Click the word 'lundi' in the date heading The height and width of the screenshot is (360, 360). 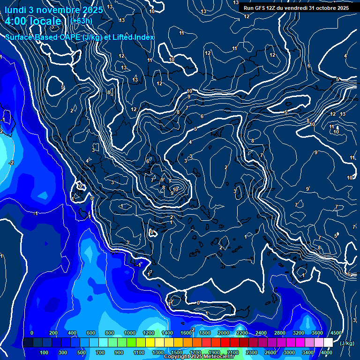click(x=15, y=9)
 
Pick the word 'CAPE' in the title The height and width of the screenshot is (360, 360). click(x=66, y=37)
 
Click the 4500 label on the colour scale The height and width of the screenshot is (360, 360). click(x=336, y=333)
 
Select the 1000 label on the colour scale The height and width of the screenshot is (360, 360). click(x=130, y=333)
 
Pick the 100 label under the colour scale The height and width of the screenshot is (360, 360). click(x=44, y=352)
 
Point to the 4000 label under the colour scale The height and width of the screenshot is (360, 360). click(x=327, y=352)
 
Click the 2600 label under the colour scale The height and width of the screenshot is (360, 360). click(x=270, y=352)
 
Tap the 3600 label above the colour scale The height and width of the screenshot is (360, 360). click(x=317, y=333)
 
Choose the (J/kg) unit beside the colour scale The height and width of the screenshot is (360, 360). click(x=346, y=343)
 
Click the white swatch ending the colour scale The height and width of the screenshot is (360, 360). click(x=328, y=343)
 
